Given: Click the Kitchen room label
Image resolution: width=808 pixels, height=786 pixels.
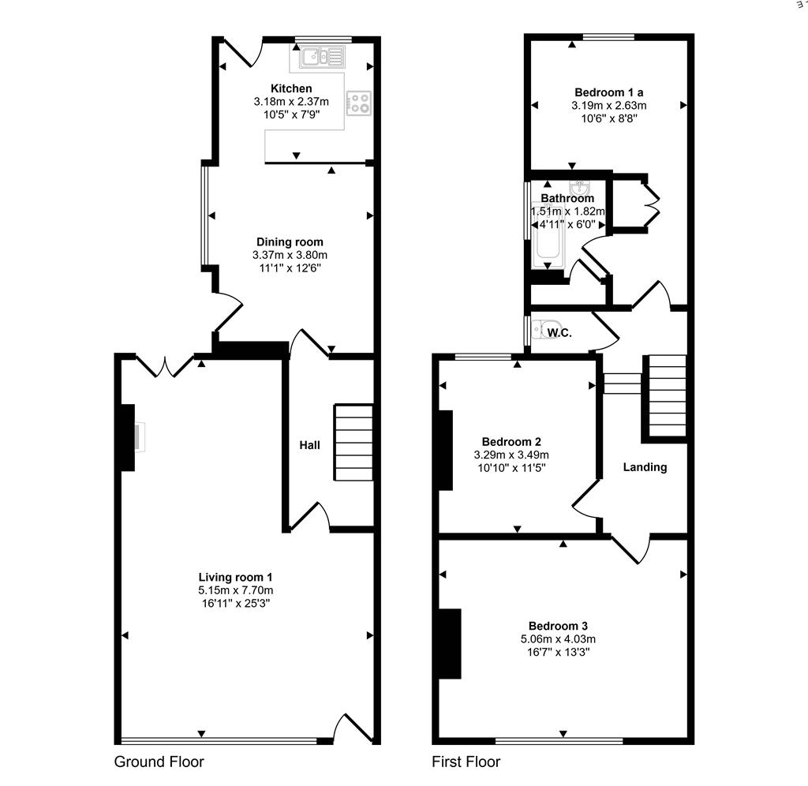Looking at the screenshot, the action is click(291, 88).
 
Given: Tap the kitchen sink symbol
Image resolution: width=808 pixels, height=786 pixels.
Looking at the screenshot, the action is click(322, 57).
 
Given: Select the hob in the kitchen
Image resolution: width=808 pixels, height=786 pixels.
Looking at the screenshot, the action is click(359, 103).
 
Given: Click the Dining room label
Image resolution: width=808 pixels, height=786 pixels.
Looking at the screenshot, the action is click(290, 242).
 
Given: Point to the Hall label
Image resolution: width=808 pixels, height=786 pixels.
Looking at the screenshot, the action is click(309, 445).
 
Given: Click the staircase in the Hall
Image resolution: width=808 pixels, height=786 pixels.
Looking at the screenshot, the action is click(353, 443).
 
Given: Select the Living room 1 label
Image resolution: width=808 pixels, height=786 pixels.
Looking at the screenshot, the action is click(235, 577).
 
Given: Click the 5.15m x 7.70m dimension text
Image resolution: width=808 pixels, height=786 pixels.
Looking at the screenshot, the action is click(235, 590).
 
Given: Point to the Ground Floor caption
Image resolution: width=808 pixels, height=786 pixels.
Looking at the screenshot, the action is click(159, 762).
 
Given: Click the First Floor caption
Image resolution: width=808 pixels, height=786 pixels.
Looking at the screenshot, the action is click(466, 762).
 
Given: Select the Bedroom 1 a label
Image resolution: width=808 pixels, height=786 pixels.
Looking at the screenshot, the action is click(608, 93).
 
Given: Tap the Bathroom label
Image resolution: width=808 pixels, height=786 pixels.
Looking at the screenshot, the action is click(567, 198).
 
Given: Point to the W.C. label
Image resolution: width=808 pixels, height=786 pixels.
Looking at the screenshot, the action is click(559, 333).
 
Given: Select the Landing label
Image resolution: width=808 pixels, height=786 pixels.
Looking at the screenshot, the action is click(645, 467).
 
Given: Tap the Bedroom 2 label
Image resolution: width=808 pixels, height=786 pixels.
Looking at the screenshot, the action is click(511, 442).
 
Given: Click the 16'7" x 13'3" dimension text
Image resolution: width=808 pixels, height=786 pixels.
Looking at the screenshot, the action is click(558, 652).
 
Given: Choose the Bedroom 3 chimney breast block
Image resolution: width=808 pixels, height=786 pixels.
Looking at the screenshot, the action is click(450, 644).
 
